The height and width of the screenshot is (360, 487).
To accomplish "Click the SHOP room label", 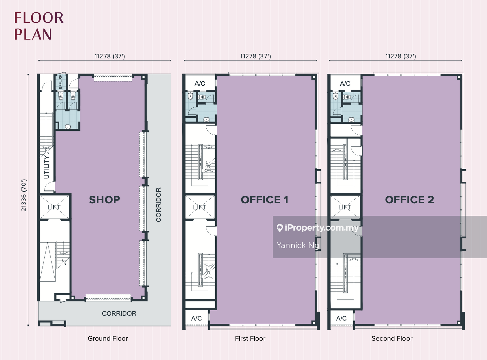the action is (105, 200).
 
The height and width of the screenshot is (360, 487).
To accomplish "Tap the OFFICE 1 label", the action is (264, 200).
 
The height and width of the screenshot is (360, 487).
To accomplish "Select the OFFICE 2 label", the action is (410, 200).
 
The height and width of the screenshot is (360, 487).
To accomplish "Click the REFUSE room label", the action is (61, 82).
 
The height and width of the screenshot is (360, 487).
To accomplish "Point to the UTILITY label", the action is (47, 167).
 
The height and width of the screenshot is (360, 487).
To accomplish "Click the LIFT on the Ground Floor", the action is (54, 207).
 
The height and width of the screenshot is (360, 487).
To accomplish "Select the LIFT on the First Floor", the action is (200, 207).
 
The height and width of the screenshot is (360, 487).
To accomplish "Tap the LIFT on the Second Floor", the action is (345, 207).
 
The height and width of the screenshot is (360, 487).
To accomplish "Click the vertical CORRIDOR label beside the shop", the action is (158, 205).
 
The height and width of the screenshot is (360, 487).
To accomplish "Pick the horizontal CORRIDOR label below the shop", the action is (119, 313).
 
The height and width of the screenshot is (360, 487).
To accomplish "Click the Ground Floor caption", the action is (108, 338).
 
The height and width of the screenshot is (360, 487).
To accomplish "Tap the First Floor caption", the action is (250, 338).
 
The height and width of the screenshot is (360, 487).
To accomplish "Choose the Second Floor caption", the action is (392, 338).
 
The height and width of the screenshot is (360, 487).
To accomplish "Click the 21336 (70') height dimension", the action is (24, 196).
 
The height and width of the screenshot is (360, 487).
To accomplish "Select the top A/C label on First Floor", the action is (200, 84).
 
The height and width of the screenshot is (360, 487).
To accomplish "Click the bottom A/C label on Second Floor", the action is (341, 318).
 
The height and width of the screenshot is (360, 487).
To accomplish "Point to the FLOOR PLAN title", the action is (39, 26).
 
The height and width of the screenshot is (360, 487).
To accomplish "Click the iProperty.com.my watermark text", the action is (318, 228).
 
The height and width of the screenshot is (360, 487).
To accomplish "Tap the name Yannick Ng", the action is (298, 245).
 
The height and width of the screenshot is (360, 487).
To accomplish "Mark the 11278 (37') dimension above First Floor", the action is (256, 56).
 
